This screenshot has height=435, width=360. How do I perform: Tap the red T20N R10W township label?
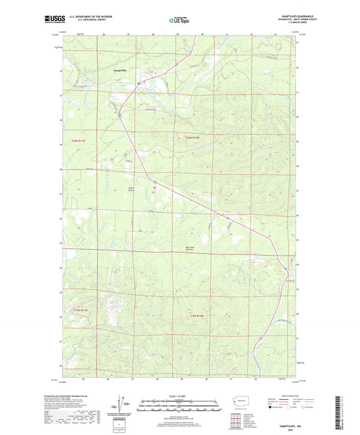193,138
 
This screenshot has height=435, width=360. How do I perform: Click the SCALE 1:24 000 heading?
180,396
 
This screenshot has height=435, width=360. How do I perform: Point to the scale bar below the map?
180,407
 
